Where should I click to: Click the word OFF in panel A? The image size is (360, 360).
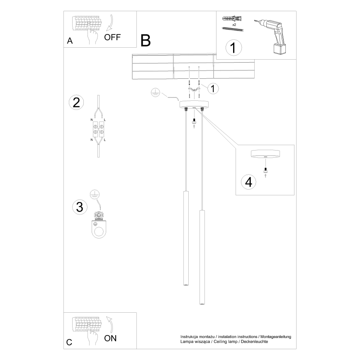coord(112,37)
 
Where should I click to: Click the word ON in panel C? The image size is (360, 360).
coord(110,338)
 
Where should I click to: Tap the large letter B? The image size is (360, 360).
coord(146,40)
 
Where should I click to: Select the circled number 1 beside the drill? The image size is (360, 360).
coord(233,48)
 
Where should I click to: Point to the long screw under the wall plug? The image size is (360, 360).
coord(233,29)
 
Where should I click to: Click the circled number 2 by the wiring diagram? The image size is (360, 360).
coord(76,102)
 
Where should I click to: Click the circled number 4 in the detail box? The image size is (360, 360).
coord(248,182)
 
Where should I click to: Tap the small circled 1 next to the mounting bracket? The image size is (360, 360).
coord(213,88)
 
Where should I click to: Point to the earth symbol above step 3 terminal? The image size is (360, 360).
coord(95,193)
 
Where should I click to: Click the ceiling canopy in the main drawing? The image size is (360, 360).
coord(193,104)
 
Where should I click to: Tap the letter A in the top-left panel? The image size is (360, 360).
coord(70,41)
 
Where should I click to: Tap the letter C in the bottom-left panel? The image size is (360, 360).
coord(69,342)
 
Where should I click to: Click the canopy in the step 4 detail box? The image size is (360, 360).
coord(265,154)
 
